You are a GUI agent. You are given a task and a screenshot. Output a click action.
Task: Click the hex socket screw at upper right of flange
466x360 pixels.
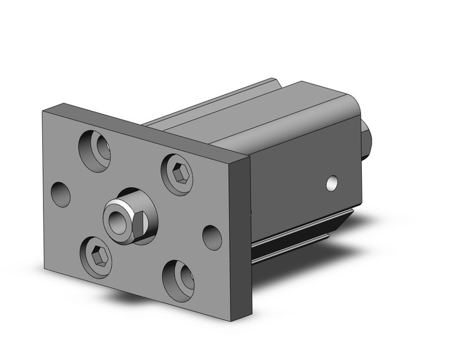[x=178, y=174]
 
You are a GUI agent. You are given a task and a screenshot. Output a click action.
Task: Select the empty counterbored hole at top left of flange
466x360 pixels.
[x=96, y=150]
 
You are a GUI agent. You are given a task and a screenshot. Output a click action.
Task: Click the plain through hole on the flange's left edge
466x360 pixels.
[x=61, y=194]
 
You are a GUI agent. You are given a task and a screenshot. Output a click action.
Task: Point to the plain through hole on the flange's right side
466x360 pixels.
[x=212, y=237]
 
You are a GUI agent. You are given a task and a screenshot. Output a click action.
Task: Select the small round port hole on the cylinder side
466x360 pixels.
[x=332, y=183]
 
